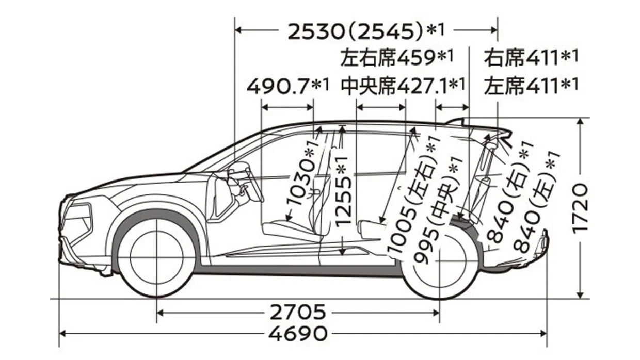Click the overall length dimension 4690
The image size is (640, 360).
pyautogui.click(x=297, y=334)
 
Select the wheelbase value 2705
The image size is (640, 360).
pyautogui.click(x=297, y=312)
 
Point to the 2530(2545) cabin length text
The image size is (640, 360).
pyautogui.click(x=366, y=31)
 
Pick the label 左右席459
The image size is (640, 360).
pyautogui.click(x=397, y=58)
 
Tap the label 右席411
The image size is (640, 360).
pyautogui.click(x=531, y=58)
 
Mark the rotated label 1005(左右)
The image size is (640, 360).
pyautogui.click(x=412, y=197)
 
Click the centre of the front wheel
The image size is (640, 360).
pyautogui.click(x=156, y=257)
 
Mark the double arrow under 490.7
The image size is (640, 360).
pyautogui.click(x=287, y=107)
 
